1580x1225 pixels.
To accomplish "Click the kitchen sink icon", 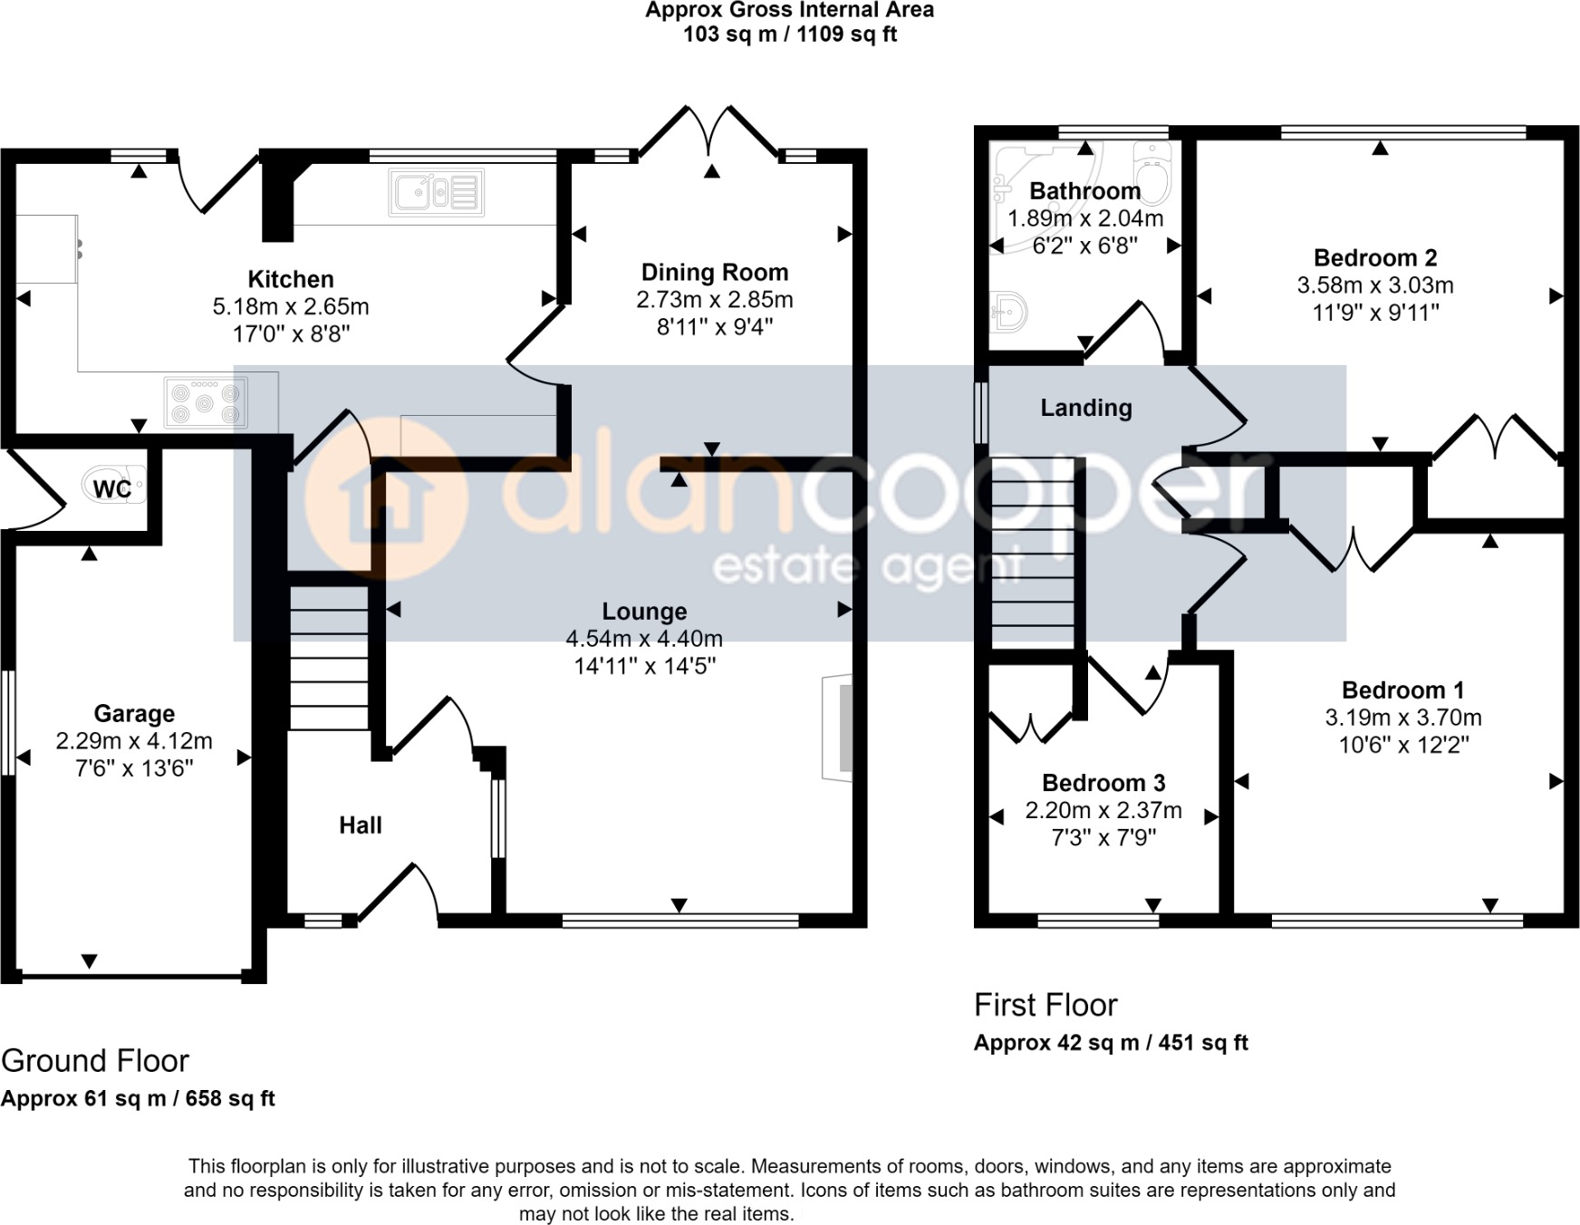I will pyautogui.click(x=436, y=192).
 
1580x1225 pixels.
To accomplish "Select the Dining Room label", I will pyautogui.click(x=714, y=272).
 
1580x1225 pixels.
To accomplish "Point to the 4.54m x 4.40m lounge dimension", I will pyautogui.click(x=643, y=639).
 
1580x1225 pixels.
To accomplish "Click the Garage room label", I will pyautogui.click(x=134, y=713).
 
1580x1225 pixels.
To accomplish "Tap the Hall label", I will pyautogui.click(x=360, y=825).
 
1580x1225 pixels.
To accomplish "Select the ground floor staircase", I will pyautogui.click(x=329, y=658).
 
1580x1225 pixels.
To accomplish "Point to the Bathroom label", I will pyautogui.click(x=1084, y=190).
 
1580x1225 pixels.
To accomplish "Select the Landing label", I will pyautogui.click(x=1085, y=408).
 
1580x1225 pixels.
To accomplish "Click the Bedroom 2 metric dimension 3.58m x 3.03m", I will pyautogui.click(x=1374, y=285).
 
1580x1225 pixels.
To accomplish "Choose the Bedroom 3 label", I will pyautogui.click(x=1103, y=783).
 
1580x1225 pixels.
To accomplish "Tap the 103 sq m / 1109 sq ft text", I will pyautogui.click(x=789, y=34).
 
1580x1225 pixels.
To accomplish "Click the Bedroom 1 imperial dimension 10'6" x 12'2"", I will pyautogui.click(x=1402, y=745).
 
